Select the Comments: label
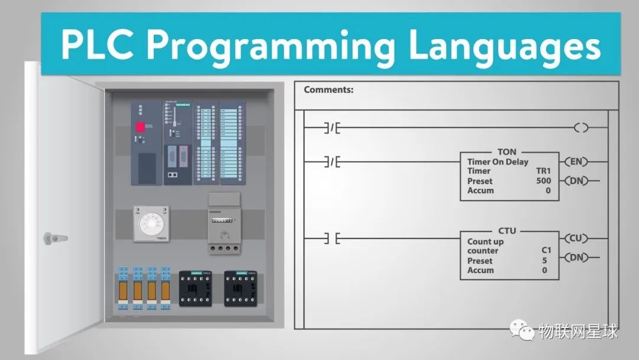pyautogui.click(x=328, y=90)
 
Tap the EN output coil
pyautogui.click(x=576, y=161)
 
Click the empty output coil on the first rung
pyautogui.click(x=581, y=127)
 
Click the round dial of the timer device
pyautogui.click(x=150, y=224)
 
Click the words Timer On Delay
pyautogui.click(x=498, y=162)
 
